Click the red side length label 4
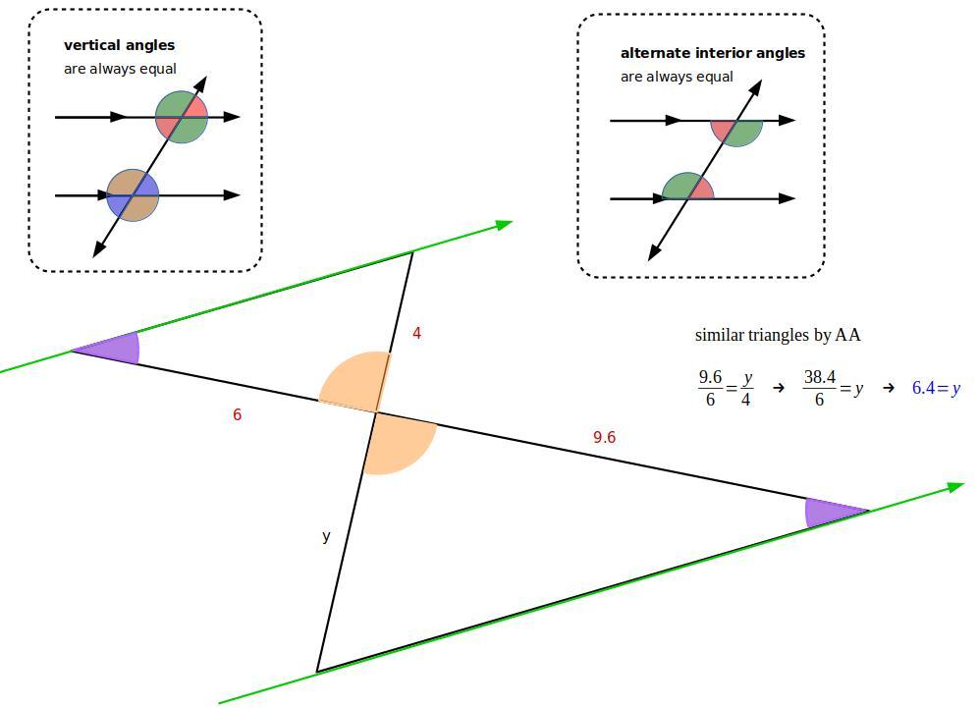(416, 334)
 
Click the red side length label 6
(238, 414)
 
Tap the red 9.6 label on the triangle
(604, 437)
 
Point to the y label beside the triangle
(326, 536)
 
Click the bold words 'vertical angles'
(119, 45)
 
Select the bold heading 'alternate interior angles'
(712, 53)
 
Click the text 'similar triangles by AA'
(778, 335)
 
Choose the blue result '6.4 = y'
(936, 388)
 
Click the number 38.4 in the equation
(820, 377)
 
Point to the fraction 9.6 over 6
(711, 388)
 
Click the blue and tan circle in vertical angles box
(133, 195)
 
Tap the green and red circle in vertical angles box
(182, 118)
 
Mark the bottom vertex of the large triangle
(317, 672)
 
